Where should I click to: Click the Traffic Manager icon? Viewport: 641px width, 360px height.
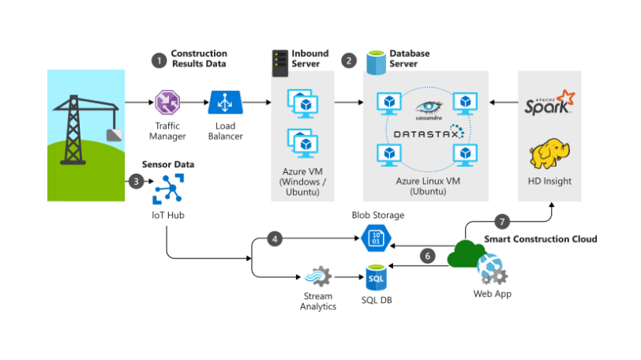167,103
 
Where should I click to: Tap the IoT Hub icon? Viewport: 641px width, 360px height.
167,189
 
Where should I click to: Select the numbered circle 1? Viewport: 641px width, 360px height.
158,59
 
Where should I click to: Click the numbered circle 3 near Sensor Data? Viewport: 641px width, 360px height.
136,181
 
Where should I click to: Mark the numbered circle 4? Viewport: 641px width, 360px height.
274,238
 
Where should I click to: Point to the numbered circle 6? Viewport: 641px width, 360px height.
427,256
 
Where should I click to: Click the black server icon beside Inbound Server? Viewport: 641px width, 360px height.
279,62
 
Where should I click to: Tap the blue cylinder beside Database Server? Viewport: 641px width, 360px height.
376,62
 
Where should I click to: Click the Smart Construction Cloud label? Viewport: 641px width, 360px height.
540,238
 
